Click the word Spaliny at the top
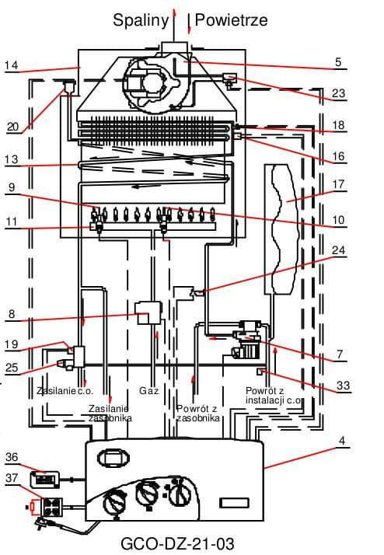pos(141,20)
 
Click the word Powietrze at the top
pos(231,20)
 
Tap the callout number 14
pos(12,65)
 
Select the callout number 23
pos(338,93)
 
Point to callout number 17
pos(338,184)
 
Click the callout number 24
pos(338,250)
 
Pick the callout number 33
pos(343,385)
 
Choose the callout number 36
pos(12,457)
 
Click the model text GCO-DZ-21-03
pos(177,543)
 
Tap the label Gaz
pos(149,391)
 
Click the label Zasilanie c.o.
pos(65,391)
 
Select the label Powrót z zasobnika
pos(198,413)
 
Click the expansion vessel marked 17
pos(281,229)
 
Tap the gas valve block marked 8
pos(149,313)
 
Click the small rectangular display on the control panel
pos(234,503)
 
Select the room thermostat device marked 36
pos(44,480)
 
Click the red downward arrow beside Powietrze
pos(189,24)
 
